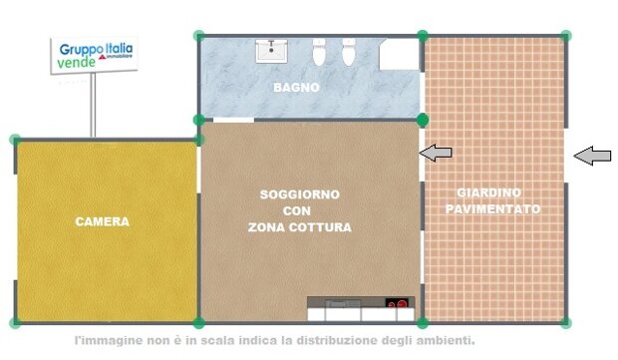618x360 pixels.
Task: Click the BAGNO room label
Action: coord(296,87)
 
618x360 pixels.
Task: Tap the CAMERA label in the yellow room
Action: coord(102,221)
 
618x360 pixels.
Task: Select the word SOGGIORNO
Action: coord(300,194)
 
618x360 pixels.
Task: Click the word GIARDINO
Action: coord(488,192)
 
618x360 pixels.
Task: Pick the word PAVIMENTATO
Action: coord(492,209)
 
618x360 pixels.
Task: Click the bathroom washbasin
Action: coord(271,51)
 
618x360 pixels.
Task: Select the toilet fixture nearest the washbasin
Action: coord(319,52)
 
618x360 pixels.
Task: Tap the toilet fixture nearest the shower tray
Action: coord(349,52)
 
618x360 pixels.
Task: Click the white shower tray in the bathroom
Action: coord(399,54)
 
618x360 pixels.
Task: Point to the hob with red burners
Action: coord(397,303)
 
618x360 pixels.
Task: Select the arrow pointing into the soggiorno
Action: coord(436,153)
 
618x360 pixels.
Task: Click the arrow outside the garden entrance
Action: coord(592,156)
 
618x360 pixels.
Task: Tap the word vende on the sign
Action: coord(76,62)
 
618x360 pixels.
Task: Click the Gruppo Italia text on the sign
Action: coord(96,49)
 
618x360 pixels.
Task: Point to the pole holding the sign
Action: coord(93,106)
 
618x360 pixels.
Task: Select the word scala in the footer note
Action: coord(216,340)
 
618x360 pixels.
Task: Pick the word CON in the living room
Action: coord(296,211)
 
